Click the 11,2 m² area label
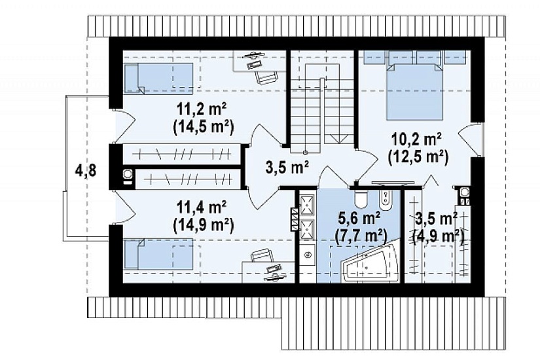click(x=202, y=109)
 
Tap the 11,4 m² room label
click(x=202, y=207)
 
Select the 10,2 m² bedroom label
click(x=417, y=140)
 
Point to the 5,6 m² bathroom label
click(x=360, y=218)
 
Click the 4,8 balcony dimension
click(x=85, y=170)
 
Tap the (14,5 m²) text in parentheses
click(x=203, y=127)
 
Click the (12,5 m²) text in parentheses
click(x=418, y=158)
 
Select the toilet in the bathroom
click(x=361, y=200)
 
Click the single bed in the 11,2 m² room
click(x=158, y=79)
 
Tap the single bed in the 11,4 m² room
click(x=158, y=254)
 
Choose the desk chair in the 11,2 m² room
click(x=266, y=77)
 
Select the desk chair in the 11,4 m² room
click(x=262, y=257)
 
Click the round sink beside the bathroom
click(x=308, y=255)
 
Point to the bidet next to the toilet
click(x=384, y=200)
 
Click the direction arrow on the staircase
click(x=338, y=138)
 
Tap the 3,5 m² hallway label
click(x=287, y=168)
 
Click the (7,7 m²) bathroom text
click(x=361, y=236)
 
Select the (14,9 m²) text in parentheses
click(x=203, y=225)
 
